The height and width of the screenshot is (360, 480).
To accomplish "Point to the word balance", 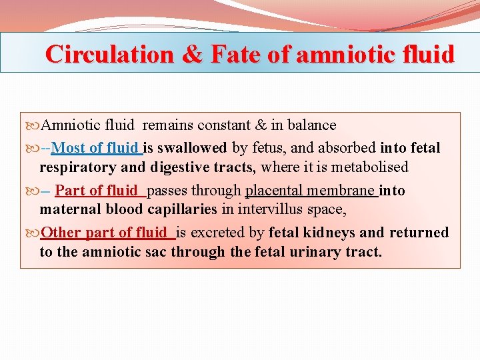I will pyautogui.click(x=311, y=125).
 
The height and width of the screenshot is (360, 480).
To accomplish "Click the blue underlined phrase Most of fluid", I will pyautogui.click(x=95, y=148).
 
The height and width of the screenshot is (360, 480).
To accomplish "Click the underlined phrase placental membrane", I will pyautogui.click(x=310, y=191).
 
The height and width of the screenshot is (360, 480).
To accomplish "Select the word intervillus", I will pyautogui.click(x=268, y=209).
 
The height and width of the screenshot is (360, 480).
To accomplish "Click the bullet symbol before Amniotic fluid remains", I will pyautogui.click(x=34, y=125).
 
